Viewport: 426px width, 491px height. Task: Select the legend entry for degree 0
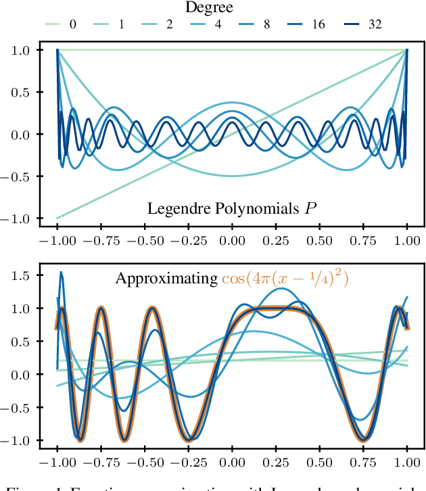(x=62, y=25)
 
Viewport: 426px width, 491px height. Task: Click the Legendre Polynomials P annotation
(x=233, y=208)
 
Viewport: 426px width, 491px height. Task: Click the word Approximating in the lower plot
(x=166, y=279)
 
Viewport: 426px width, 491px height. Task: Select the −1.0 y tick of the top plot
(x=20, y=218)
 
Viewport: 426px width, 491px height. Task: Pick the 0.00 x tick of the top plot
(x=232, y=241)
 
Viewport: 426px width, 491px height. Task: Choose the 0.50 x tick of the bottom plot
(x=319, y=465)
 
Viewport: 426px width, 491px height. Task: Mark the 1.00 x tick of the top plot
(x=407, y=241)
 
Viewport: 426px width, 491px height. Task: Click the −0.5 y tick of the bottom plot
(x=20, y=408)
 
